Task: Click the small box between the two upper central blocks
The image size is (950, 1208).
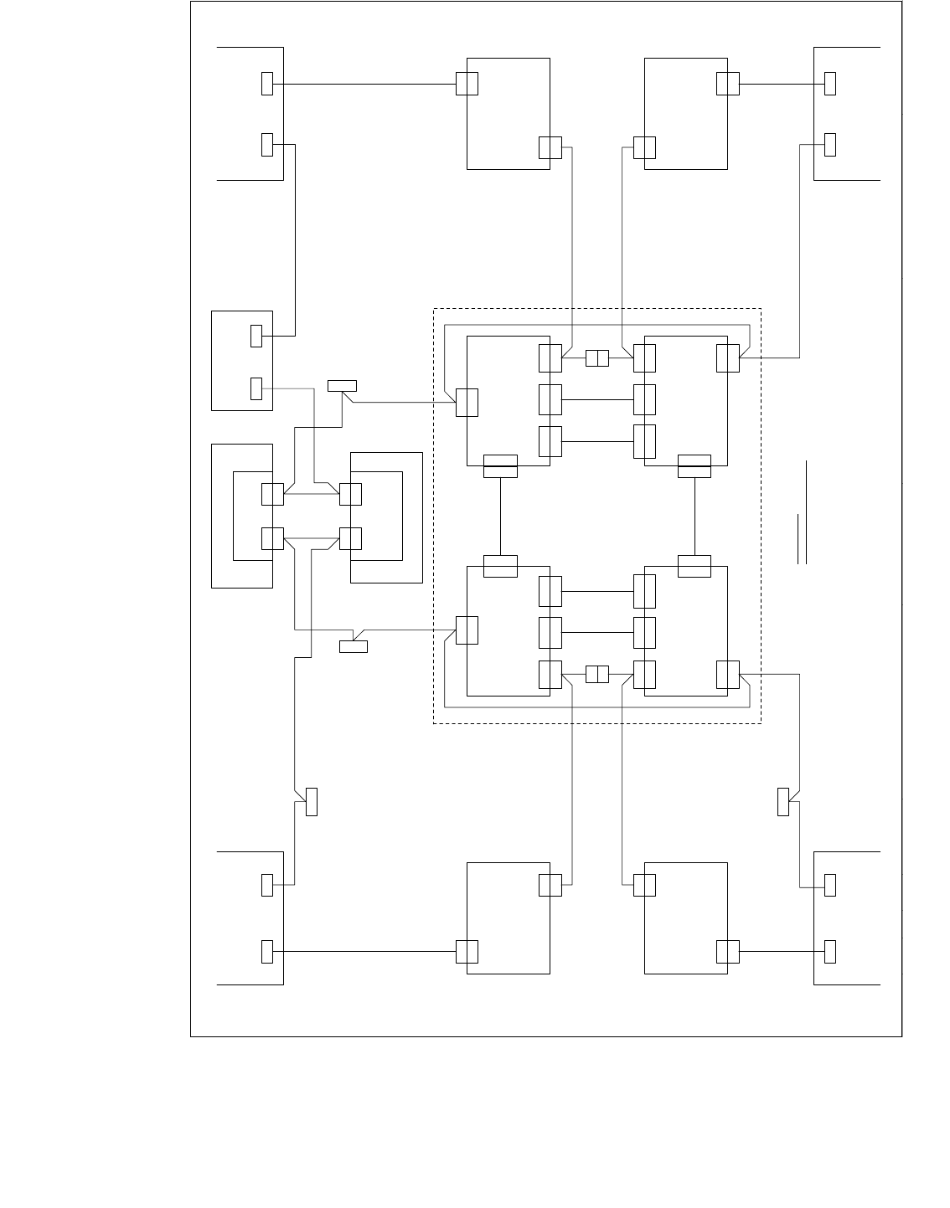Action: (596, 358)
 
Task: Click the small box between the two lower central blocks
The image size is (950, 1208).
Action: (596, 674)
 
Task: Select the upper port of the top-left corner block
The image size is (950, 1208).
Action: (267, 84)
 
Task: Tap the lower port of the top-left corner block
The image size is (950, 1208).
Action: (267, 144)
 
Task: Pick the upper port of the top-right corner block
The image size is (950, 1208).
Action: (830, 84)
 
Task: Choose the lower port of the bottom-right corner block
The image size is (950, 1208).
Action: (830, 952)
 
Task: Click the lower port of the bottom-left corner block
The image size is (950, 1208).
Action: (267, 952)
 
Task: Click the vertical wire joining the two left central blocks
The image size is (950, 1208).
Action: (500, 516)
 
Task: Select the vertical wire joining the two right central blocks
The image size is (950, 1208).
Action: (694, 516)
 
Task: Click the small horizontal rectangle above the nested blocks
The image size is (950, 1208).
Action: (342, 385)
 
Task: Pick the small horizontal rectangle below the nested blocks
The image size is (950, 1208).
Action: (353, 646)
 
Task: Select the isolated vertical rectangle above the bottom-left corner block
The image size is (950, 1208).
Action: (312, 802)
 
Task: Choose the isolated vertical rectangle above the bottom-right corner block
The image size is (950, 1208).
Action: (783, 802)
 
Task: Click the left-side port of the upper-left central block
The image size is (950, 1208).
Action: (467, 402)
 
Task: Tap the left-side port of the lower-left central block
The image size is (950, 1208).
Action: (467, 630)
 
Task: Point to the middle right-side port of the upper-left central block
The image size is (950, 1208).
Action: (550, 399)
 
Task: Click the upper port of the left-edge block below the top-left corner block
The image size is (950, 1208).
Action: (256, 336)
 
